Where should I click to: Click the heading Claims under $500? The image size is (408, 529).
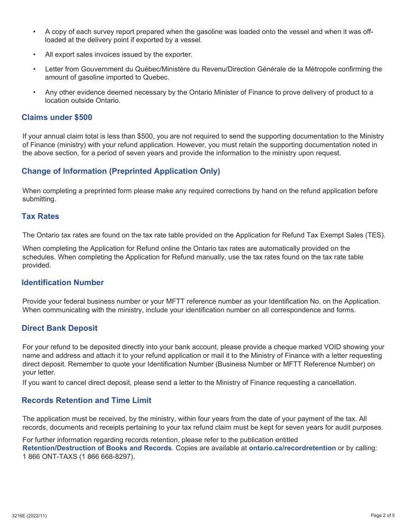57,117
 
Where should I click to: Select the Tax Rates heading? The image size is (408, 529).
40,216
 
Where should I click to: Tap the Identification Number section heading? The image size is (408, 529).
63,283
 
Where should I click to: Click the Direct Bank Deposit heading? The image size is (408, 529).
60,328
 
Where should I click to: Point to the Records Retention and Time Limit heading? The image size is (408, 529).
86,400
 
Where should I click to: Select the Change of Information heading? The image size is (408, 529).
121,171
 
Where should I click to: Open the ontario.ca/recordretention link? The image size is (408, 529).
292,448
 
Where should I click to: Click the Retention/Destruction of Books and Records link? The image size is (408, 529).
97,448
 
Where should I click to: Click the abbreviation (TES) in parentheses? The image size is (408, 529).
375,235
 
